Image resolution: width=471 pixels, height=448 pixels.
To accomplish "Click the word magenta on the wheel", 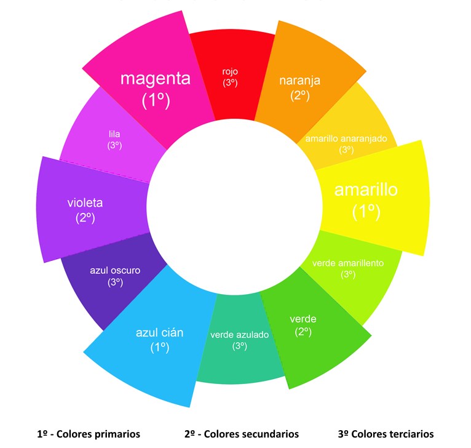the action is pos(155,79).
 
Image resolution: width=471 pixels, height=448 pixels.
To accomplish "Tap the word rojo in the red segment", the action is pos(230,71).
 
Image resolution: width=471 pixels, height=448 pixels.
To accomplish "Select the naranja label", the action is pos(299,81).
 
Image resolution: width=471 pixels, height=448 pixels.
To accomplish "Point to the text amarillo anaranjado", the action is pos(346,138).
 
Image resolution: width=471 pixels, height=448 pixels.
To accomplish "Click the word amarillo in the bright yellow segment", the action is pos(366,190).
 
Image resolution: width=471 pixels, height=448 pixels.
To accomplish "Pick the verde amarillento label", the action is pos(348,263).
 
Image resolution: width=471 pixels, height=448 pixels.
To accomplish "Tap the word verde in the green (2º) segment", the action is pos(303,319).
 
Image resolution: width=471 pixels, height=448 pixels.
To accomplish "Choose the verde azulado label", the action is pos(240,335).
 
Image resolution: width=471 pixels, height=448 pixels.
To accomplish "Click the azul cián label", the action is pos(159,333).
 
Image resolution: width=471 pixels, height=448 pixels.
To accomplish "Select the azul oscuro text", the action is pos(115,270).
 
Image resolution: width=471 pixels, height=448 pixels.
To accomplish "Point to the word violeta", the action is pos(85,202).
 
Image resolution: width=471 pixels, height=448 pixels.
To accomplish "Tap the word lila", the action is pos(114,134).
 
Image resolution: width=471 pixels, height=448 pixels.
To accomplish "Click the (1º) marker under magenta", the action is pos(156,100).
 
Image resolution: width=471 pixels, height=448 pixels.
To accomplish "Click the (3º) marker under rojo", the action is pos(230,83).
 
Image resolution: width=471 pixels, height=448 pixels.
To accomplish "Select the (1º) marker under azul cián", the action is pos(159,347).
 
